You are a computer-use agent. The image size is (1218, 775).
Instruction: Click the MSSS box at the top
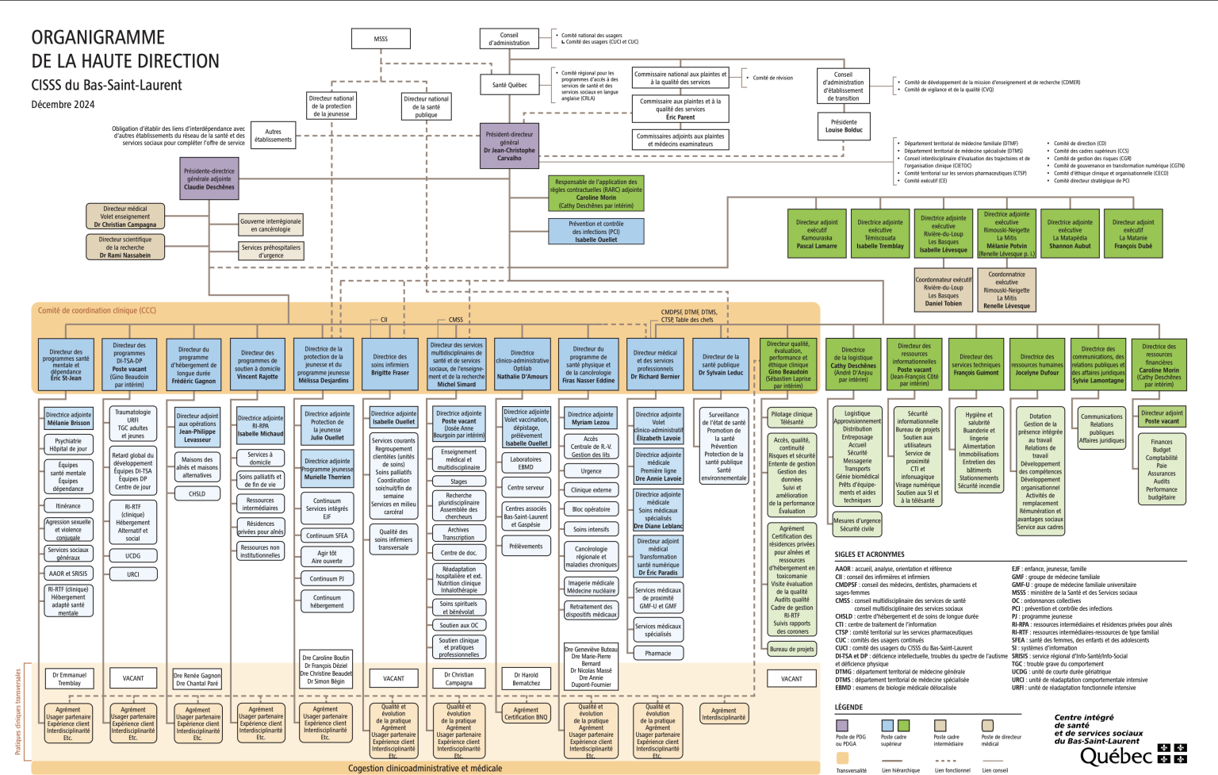point(381,38)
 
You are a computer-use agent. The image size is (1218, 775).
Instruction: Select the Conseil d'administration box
point(509,38)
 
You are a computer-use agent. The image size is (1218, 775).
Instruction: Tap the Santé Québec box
point(509,85)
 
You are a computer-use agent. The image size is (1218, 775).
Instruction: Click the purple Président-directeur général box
point(509,146)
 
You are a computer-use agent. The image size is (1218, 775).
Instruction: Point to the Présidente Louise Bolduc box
point(844,126)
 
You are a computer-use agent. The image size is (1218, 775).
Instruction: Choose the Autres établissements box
point(273,136)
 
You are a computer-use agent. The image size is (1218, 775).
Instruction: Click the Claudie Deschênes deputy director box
point(209,178)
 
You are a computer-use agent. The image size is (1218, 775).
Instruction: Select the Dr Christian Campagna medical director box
point(125,217)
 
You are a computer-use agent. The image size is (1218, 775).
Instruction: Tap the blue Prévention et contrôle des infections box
point(596,232)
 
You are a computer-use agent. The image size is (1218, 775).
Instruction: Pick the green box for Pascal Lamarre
point(817,234)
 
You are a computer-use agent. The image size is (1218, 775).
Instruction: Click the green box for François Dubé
point(1133,234)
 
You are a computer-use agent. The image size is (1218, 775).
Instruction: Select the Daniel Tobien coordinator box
point(943,291)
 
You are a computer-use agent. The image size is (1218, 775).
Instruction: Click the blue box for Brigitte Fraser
point(390,365)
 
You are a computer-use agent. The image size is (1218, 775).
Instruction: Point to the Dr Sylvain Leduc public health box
point(721,365)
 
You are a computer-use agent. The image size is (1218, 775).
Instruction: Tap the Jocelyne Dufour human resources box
point(1037,365)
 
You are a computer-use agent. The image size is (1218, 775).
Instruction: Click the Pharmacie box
point(658,654)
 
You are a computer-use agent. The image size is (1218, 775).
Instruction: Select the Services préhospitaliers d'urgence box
point(271,251)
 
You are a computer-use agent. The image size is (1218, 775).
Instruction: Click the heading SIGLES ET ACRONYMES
point(869,554)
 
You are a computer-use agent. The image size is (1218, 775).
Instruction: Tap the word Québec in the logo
point(1115,757)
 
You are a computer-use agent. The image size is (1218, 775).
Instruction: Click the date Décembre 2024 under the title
point(63,105)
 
